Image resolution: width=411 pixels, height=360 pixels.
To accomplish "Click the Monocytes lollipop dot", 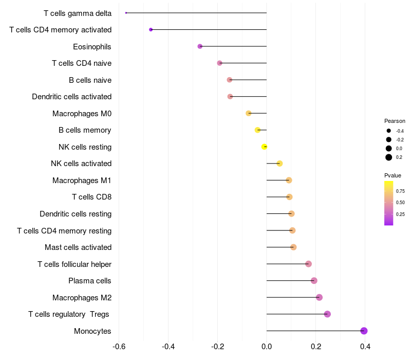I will (364, 331).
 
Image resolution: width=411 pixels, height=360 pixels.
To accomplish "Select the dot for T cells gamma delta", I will (126, 13).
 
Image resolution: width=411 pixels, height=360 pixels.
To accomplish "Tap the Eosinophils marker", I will (200, 46).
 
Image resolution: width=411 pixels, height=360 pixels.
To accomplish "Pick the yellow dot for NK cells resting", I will (265, 147).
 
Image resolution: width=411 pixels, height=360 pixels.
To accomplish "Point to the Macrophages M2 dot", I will (319, 297).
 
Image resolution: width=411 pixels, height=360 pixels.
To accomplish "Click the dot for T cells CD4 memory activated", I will (151, 29).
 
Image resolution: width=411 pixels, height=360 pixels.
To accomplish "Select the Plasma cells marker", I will (314, 280).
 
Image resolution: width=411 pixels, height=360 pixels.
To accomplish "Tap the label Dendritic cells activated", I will (71, 97).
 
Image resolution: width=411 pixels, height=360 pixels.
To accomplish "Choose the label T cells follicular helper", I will (74, 264).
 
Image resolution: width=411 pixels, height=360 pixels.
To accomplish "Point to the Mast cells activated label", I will (78, 247).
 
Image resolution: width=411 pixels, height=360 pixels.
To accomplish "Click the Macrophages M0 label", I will (82, 113).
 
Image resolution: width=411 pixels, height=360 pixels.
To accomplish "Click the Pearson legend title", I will (395, 121).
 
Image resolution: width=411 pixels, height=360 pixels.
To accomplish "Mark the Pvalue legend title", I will (393, 175).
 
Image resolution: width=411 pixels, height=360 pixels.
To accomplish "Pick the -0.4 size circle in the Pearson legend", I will (389, 131).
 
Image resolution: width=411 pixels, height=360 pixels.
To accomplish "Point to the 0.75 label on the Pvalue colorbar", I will (400, 191).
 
